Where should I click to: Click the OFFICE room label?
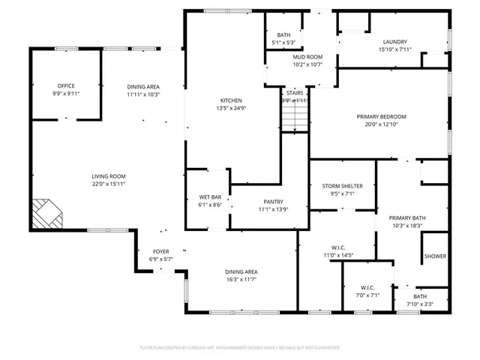66,86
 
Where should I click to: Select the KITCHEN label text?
231,100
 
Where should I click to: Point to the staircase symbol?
295,117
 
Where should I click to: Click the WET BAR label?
206,196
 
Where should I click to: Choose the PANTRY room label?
272,202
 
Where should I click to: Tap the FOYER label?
161,252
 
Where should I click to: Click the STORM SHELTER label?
343,186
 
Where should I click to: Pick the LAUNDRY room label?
394,42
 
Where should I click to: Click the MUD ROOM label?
307,57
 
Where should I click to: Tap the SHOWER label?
435,256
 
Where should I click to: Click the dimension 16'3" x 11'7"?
241,280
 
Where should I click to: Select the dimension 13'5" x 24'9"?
231,108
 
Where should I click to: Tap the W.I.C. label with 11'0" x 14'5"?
337,247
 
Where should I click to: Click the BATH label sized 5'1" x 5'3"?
283,35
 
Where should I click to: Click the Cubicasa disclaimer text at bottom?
240,348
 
